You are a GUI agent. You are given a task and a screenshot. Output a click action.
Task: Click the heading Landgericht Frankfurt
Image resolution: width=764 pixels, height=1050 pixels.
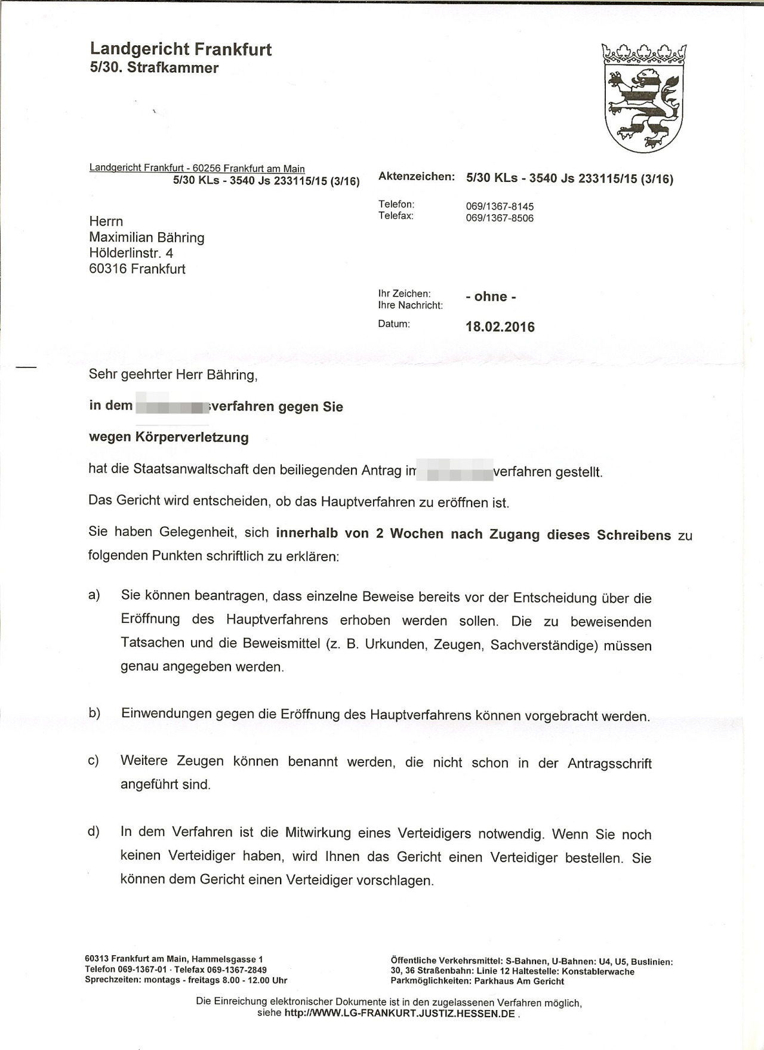click(180, 49)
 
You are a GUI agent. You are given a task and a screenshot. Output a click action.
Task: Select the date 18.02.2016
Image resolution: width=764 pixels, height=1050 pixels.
click(500, 327)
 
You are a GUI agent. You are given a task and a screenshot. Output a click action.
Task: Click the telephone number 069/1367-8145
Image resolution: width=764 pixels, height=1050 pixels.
click(500, 206)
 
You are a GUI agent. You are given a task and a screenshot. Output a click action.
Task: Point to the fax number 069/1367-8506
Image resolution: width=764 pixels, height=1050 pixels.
click(500, 218)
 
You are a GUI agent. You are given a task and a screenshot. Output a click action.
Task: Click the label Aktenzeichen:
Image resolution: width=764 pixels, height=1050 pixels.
click(417, 177)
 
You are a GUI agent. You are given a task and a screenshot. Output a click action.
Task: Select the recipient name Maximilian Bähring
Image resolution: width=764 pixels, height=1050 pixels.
click(147, 237)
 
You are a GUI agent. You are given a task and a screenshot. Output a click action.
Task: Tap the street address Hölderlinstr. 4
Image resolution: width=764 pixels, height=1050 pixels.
click(131, 253)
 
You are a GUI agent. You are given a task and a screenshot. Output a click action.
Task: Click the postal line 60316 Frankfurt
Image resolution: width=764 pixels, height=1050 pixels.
click(137, 269)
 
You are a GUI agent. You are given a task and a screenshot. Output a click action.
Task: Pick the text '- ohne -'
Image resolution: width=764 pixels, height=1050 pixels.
click(491, 297)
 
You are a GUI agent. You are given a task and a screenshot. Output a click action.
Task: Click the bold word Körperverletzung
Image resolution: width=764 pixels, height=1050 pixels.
click(192, 437)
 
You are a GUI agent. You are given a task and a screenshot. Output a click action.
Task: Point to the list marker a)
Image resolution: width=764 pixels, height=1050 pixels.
click(94, 595)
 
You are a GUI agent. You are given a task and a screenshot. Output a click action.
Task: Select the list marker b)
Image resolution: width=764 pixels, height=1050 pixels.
click(94, 713)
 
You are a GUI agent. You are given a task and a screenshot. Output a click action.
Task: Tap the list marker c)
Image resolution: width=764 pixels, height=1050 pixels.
click(94, 761)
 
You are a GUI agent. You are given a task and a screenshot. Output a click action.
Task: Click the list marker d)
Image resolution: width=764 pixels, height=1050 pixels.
click(94, 832)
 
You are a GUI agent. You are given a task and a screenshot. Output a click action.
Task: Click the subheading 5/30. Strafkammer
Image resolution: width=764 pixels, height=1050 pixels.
click(154, 67)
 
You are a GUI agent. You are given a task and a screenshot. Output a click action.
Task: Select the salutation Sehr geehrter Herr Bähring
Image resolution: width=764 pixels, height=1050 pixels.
click(172, 375)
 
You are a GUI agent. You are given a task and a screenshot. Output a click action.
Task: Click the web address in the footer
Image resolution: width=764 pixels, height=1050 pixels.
click(399, 1014)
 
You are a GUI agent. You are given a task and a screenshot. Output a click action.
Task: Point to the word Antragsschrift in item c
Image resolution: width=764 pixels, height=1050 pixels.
click(609, 764)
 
